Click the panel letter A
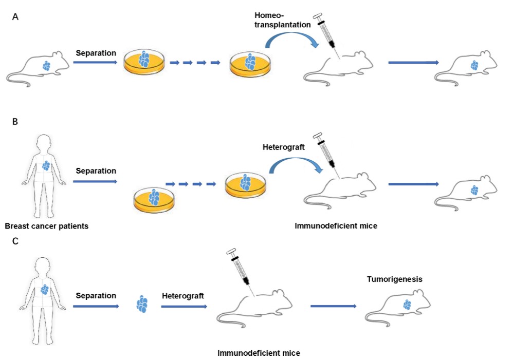[15, 16]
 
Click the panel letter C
[15, 240]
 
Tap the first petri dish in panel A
[144, 63]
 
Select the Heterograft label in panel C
[183, 296]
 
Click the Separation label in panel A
[96, 52]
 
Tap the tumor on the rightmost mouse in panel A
[474, 66]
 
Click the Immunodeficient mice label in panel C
[259, 353]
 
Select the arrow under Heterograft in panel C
[184, 307]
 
